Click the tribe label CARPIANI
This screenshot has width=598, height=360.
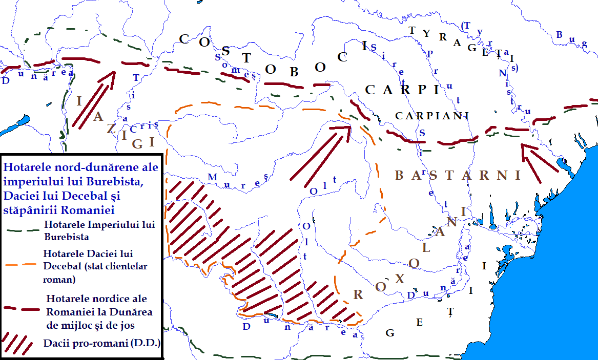click(x=432, y=116)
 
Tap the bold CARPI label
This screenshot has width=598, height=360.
click(x=403, y=90)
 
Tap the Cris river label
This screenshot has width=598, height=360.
click(x=144, y=126)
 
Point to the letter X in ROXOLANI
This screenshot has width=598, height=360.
click(x=400, y=278)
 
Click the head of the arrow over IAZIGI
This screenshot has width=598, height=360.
click(x=111, y=75)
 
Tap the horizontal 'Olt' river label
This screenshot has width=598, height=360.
click(x=323, y=185)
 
